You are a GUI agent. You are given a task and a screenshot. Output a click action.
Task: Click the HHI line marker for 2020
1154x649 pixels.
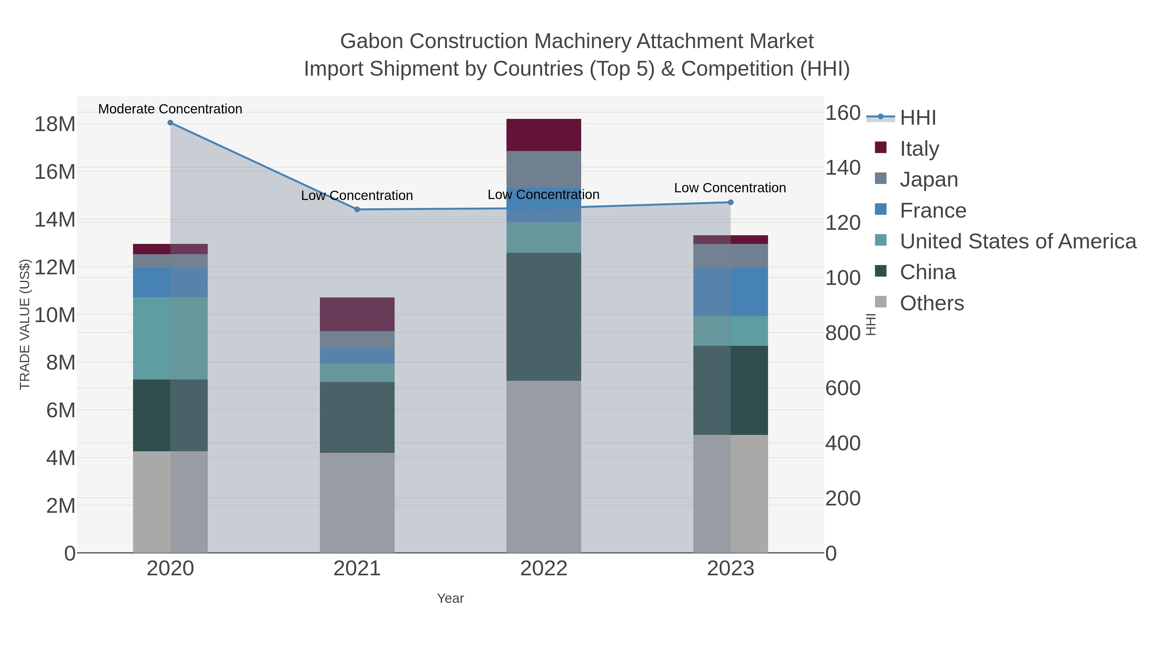pos(170,123)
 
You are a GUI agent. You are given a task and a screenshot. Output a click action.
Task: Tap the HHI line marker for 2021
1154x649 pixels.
pos(357,210)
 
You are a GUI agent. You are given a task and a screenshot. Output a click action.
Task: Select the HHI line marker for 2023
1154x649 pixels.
pos(731,203)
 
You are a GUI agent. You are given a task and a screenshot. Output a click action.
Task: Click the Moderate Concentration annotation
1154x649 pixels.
pos(170,109)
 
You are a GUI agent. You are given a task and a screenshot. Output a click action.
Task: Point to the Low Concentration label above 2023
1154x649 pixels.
pos(730,188)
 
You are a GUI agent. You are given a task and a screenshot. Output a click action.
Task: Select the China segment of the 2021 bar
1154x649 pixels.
pos(357,417)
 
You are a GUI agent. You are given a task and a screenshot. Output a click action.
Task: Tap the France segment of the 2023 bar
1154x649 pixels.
pos(731,292)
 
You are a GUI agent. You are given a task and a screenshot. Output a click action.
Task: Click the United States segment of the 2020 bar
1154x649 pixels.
pos(170,338)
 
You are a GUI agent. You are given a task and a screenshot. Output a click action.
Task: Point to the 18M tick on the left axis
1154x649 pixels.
pos(54,124)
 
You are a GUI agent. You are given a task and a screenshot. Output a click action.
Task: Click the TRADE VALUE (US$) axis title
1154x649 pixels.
pos(25,324)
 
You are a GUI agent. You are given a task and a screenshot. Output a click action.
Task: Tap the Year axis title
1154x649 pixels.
pos(450,598)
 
